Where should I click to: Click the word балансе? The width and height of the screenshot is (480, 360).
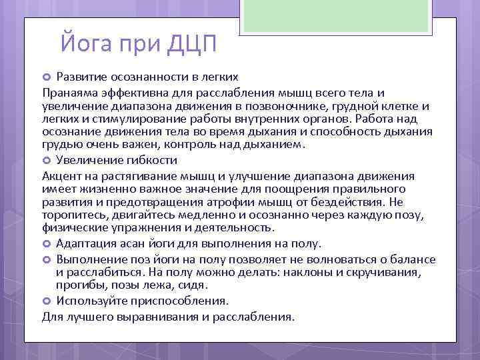pos(410,259)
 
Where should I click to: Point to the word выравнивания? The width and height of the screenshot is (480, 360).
pos(158,317)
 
